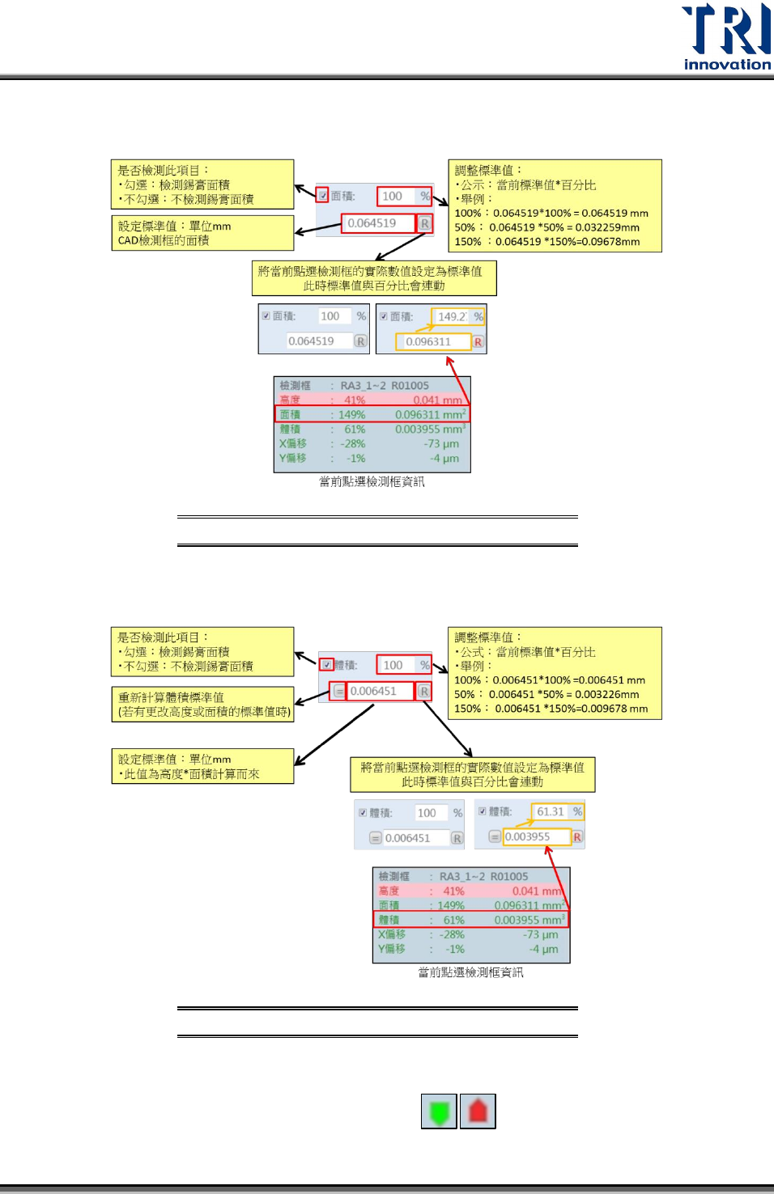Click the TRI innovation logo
click(726, 36)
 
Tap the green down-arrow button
click(439, 1111)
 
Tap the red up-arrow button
click(478, 1111)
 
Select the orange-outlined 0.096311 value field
click(432, 341)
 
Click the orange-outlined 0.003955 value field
click(536, 836)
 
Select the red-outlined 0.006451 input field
click(380, 691)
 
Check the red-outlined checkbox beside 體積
click(326, 665)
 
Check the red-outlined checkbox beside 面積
click(323, 196)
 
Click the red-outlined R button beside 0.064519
click(425, 223)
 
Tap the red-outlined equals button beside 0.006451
click(339, 692)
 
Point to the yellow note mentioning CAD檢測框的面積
click(202, 233)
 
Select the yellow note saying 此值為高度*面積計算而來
click(202, 766)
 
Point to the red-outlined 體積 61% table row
click(470, 920)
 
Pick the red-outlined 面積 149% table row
click(372, 414)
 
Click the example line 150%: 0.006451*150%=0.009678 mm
click(551, 709)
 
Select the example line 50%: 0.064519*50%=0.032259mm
click(546, 227)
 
